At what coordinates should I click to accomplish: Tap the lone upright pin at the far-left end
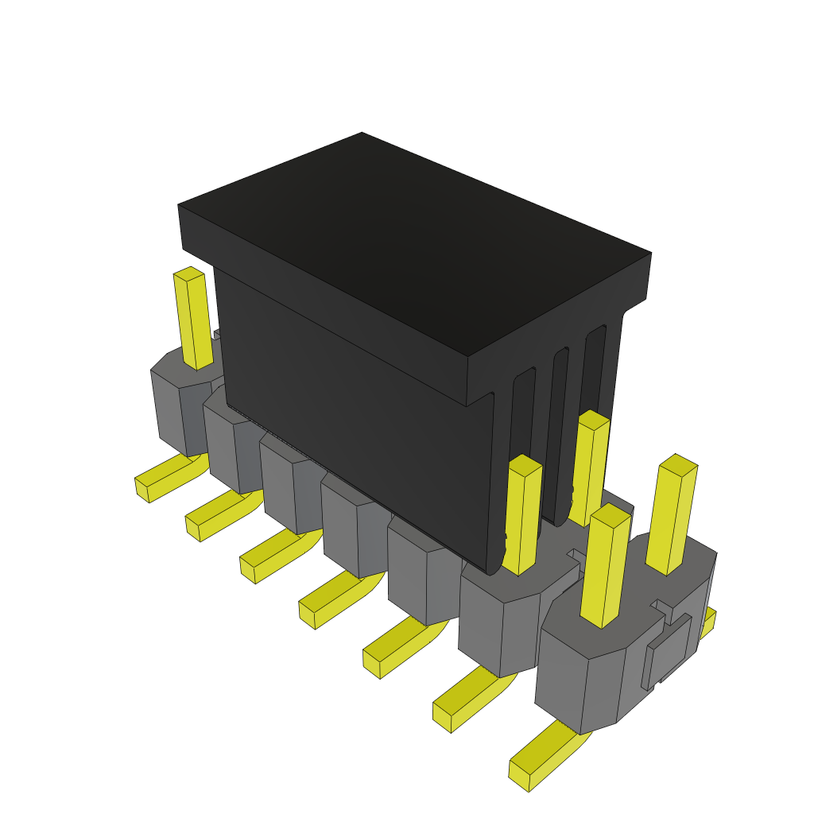pyautogui.click(x=193, y=318)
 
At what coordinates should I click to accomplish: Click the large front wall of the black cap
pyautogui.click(x=350, y=413)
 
